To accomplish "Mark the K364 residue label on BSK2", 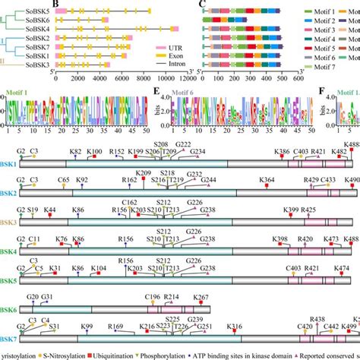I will point(267,180).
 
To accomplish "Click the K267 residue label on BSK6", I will point(201,296).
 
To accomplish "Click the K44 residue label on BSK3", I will point(50,210).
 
